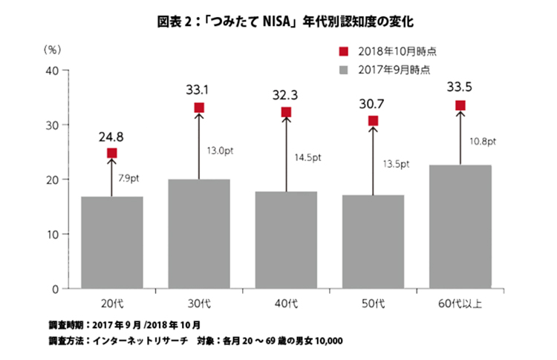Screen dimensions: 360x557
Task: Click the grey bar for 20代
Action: (112, 242)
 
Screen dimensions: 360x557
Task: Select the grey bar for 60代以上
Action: (460, 226)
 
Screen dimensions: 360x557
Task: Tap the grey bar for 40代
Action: (286, 239)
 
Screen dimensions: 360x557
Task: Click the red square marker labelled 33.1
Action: (199, 108)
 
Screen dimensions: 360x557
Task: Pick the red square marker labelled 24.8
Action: (112, 153)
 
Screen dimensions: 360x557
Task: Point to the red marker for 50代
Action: (373, 121)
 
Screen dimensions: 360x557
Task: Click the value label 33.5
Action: (460, 88)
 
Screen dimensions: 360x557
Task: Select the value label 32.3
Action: (286, 94)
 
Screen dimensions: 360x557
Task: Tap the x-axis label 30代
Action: (199, 303)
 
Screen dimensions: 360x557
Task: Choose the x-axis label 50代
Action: (373, 303)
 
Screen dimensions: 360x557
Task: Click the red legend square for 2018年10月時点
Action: (343, 51)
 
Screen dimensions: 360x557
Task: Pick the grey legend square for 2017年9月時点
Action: (343, 71)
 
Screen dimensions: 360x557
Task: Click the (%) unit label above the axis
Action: (52, 49)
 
